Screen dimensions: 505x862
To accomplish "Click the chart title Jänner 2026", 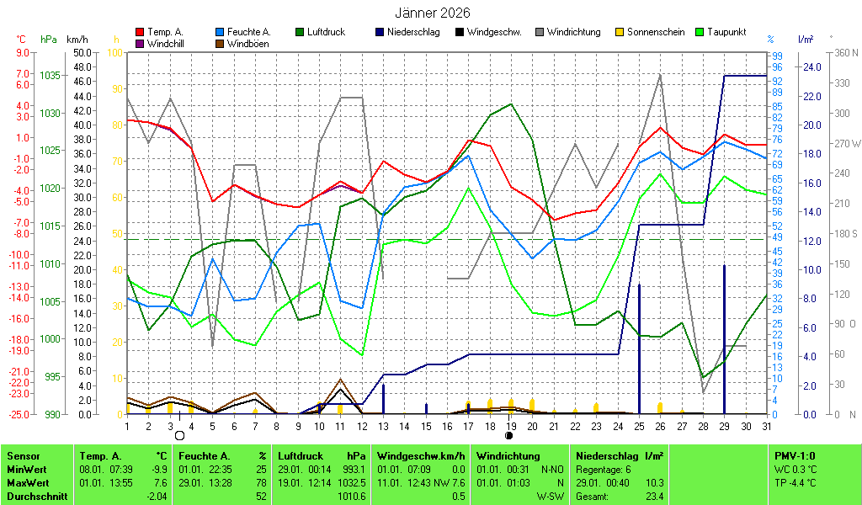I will [433, 13].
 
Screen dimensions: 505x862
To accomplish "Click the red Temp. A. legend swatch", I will [140, 32].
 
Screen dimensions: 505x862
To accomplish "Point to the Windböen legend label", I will [247, 43].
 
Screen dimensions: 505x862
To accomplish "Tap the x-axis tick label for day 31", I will [767, 426].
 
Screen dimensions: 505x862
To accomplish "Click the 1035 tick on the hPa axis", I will [50, 75].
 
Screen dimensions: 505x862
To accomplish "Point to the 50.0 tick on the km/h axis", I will [82, 52].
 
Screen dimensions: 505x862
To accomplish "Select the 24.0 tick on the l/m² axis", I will [811, 66].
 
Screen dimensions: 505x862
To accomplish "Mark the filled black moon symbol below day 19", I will [508, 435].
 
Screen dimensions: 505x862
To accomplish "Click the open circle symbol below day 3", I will [179, 435].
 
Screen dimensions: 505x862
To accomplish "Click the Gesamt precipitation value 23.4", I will [652, 497].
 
